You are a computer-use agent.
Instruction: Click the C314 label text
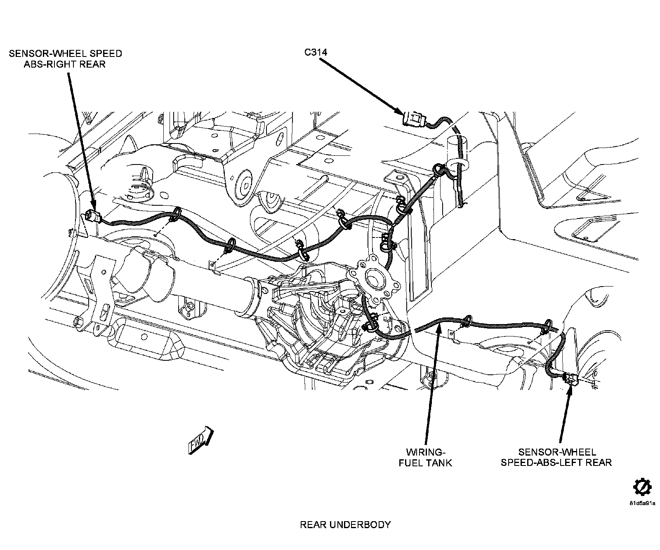(x=316, y=52)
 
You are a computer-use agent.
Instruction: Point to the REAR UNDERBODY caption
(x=345, y=525)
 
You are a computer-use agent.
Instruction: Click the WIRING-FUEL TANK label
(x=425, y=457)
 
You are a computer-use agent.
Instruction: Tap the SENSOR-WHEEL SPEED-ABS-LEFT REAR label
(x=556, y=457)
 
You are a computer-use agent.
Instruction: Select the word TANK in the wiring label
(x=437, y=463)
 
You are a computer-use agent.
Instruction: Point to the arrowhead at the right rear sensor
(x=93, y=207)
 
